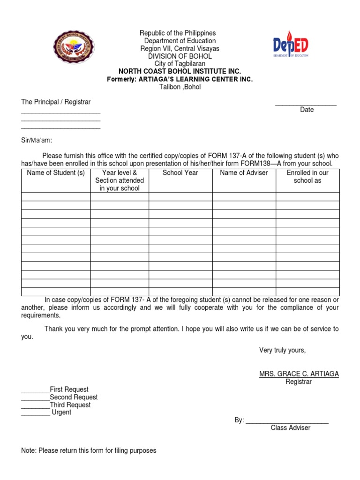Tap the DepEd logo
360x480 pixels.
[x=291, y=45]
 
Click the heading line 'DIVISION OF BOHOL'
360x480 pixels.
[x=180, y=56]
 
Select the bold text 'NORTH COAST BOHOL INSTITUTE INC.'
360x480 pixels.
[x=180, y=71]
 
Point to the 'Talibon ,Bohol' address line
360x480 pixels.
[x=180, y=87]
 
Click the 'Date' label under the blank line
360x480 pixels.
[x=307, y=110]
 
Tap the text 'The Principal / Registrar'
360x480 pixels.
[x=56, y=102]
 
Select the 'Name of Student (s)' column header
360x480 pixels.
[x=56, y=172]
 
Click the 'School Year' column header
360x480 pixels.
[x=180, y=172]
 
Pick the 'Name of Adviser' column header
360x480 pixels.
[x=244, y=172]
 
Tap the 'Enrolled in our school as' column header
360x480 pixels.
[x=307, y=176]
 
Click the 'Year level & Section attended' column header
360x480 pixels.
[x=120, y=180]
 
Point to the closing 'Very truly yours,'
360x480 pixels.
[x=282, y=350]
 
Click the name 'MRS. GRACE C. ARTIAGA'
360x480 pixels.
[x=299, y=374]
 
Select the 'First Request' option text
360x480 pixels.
[x=69, y=389]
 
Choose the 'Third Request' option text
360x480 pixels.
[x=70, y=405]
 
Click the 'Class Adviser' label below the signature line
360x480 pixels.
[x=290, y=427]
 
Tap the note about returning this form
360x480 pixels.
[x=89, y=450]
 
